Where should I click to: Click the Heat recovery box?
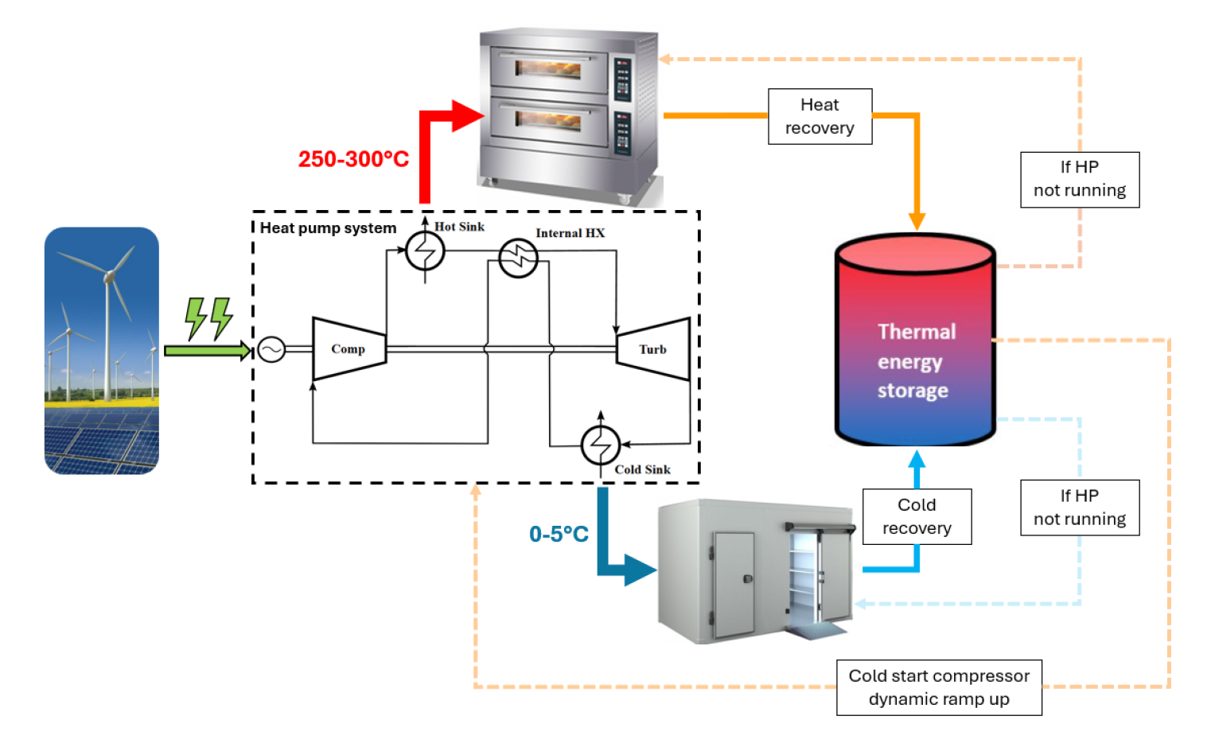[x=820, y=116]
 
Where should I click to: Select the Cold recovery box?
[x=917, y=516]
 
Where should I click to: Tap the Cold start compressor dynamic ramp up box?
[x=939, y=687]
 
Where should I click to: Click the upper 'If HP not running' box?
[x=1080, y=179]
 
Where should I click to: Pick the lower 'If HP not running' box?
[x=1080, y=508]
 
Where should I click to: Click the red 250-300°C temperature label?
[x=353, y=159]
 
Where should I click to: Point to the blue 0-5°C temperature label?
[x=559, y=534]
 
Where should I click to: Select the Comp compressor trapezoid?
[x=349, y=349]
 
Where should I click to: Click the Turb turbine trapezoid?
[x=653, y=349]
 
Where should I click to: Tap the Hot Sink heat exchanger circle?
[x=425, y=252]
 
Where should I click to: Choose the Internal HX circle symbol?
[x=518, y=257]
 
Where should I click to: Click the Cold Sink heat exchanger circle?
[x=601, y=445]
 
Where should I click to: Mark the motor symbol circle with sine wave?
[x=271, y=350]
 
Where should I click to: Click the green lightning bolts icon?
[x=208, y=318]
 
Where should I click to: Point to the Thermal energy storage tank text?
[x=915, y=361]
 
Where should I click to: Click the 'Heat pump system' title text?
[x=328, y=228]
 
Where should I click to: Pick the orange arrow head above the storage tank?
[x=917, y=220]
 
